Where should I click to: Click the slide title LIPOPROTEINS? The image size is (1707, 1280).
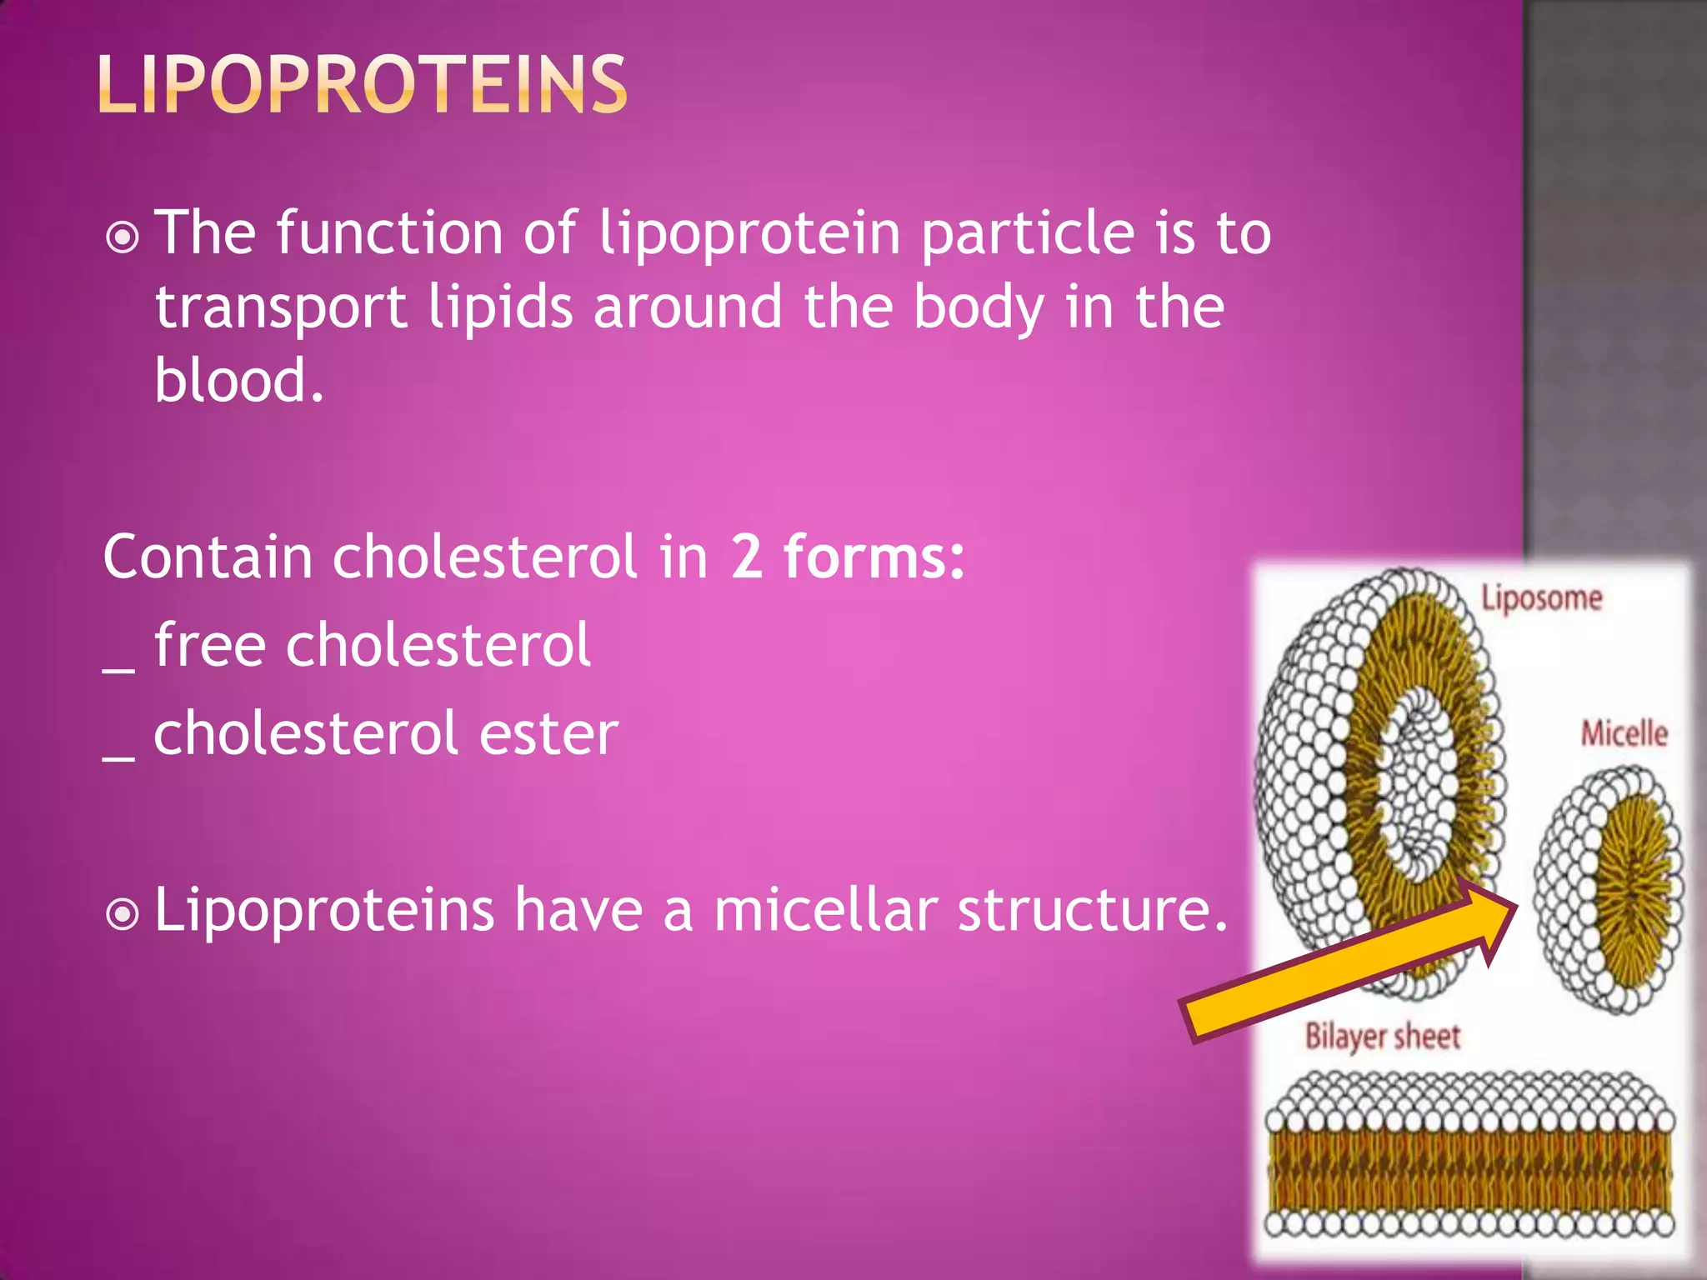[x=362, y=84]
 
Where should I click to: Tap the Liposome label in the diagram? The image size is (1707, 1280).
[x=1540, y=598]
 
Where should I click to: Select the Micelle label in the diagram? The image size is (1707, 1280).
[x=1624, y=733]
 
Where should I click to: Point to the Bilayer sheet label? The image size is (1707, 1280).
[x=1383, y=1037]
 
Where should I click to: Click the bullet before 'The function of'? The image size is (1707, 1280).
[x=123, y=237]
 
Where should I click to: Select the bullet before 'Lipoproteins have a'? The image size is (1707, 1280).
[x=123, y=914]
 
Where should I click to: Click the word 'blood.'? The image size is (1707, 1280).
[x=238, y=381]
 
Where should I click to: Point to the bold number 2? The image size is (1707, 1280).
[x=746, y=557]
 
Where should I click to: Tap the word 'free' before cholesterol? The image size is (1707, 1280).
[x=209, y=645]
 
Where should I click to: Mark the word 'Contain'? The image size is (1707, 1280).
[x=208, y=557]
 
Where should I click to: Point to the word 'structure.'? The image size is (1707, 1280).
[x=1093, y=909]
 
